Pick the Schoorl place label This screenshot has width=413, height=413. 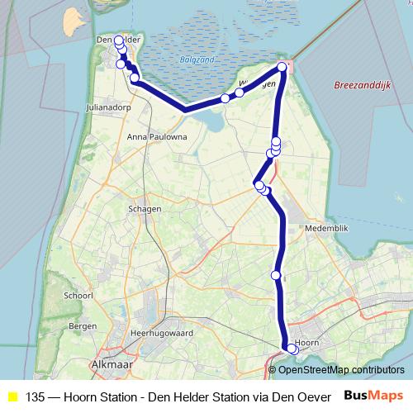click(x=78, y=296)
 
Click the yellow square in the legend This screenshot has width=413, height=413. click(x=12, y=397)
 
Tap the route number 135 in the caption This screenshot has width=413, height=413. click(x=36, y=397)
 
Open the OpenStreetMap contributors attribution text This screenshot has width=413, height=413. click(x=347, y=369)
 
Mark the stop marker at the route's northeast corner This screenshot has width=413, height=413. click(x=282, y=67)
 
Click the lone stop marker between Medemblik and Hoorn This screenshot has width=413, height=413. click(x=276, y=274)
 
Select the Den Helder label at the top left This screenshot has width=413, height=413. click(x=116, y=39)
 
